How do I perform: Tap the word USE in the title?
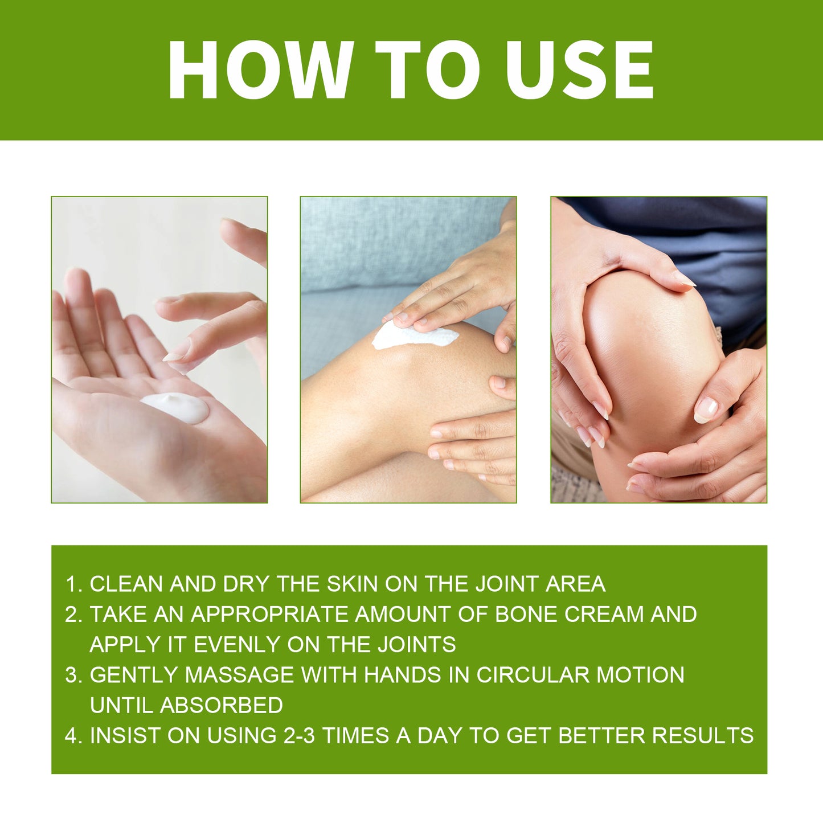579,70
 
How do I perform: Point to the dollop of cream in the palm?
175,407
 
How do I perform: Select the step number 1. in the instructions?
74,584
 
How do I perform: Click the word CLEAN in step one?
127,584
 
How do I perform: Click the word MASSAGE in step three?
239,675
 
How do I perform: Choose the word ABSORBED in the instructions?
221,705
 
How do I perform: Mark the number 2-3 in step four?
299,736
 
